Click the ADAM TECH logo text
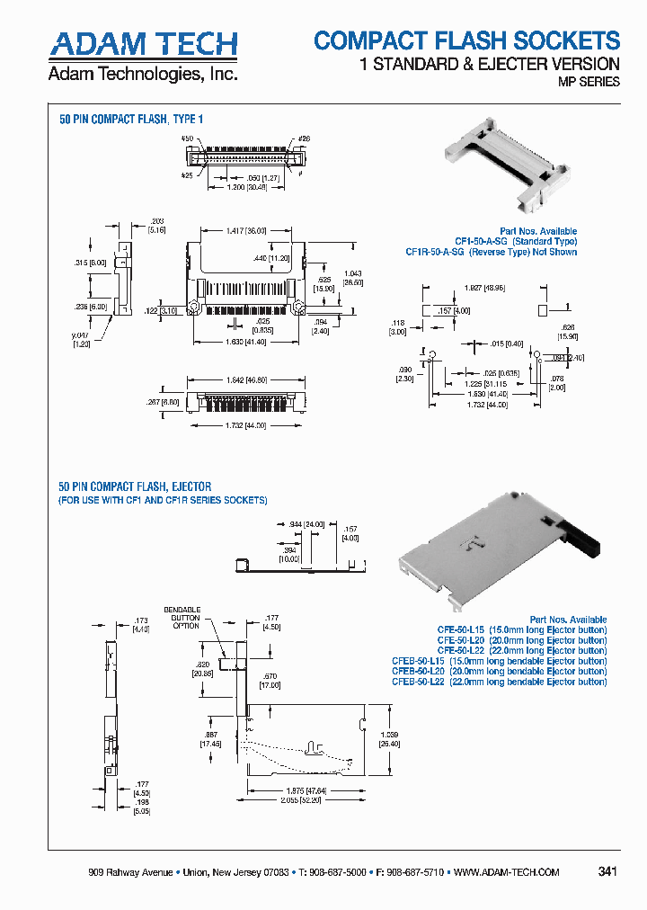(143, 44)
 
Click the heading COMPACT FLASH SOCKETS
(466, 40)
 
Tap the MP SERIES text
(589, 82)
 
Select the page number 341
(607, 871)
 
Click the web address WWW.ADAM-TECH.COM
(506, 872)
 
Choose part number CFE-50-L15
(460, 629)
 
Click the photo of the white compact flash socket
(504, 158)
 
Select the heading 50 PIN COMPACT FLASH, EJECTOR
(136, 486)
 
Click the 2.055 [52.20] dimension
(299, 800)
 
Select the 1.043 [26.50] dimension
(353, 277)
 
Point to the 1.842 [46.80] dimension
(246, 381)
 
